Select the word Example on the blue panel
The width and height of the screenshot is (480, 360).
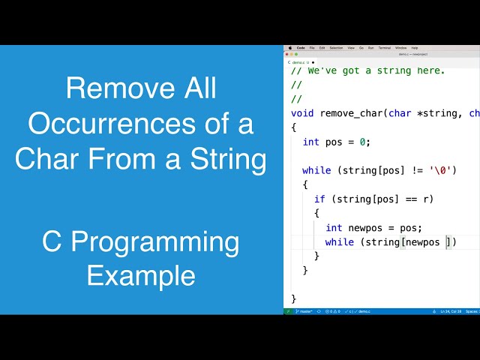click(141, 275)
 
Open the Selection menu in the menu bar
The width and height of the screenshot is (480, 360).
click(337, 47)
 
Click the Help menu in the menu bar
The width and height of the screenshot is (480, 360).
click(415, 47)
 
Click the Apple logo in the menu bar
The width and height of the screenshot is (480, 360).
click(289, 47)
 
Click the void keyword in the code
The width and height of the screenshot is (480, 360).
click(302, 113)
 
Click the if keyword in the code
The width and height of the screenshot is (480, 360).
click(319, 199)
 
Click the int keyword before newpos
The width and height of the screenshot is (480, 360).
click(334, 227)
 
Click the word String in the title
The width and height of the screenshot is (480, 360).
click(229, 158)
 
